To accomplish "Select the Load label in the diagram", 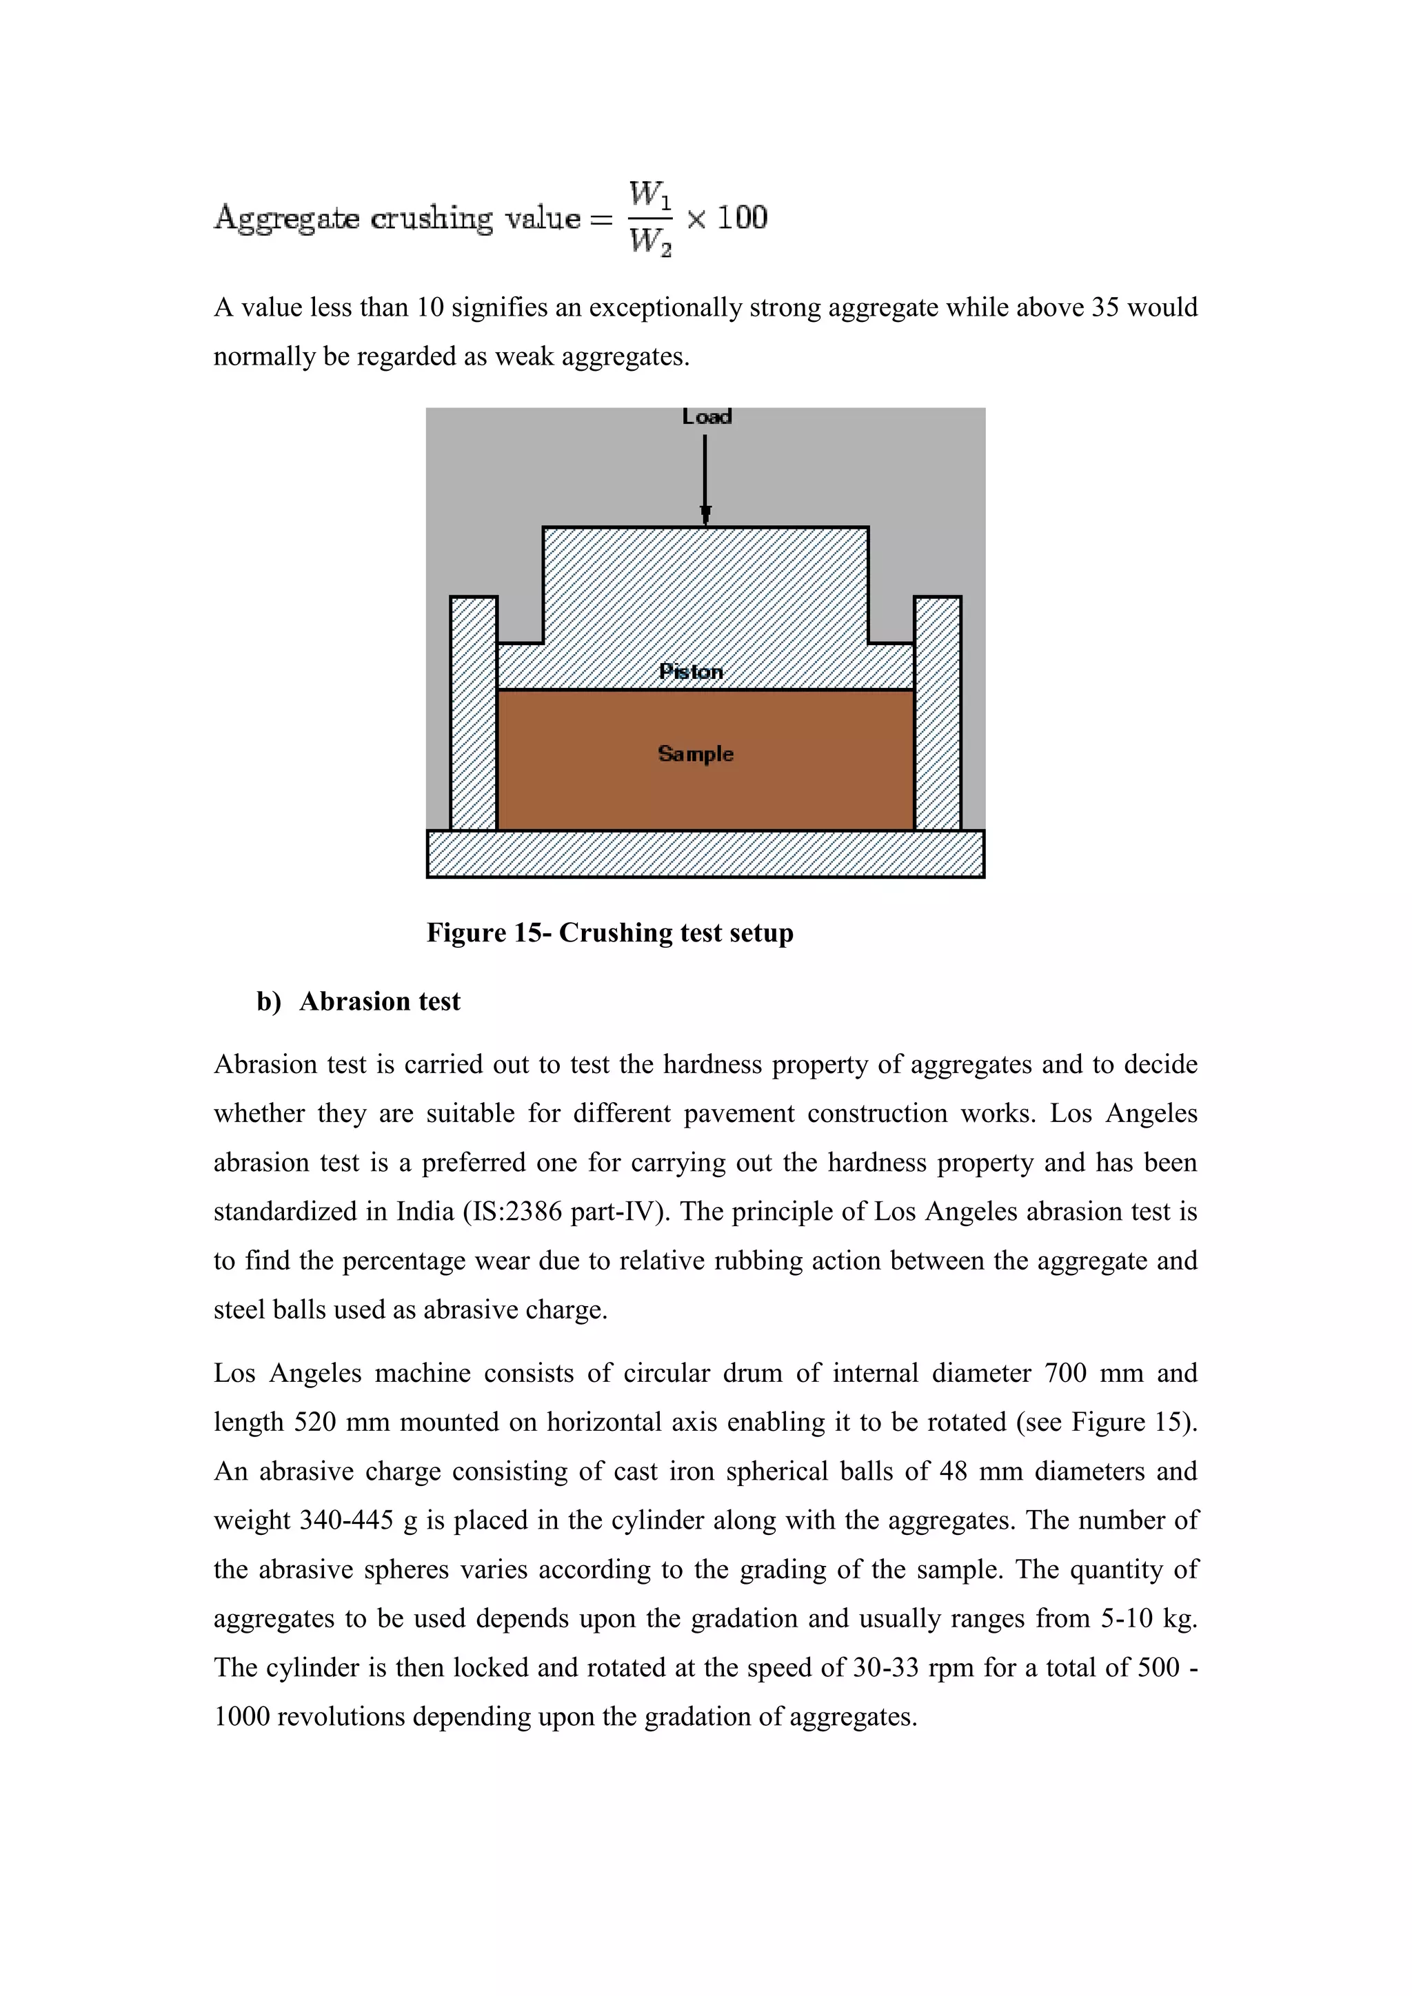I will tap(706, 417).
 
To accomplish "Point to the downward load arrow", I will tap(705, 478).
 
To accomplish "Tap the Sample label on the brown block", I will tap(696, 754).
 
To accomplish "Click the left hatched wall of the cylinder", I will tap(474, 713).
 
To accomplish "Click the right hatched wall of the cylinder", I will tap(937, 713).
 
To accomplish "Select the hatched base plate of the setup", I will tap(705, 854).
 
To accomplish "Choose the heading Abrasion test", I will tap(380, 1001).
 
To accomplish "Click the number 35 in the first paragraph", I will tap(1105, 308).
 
